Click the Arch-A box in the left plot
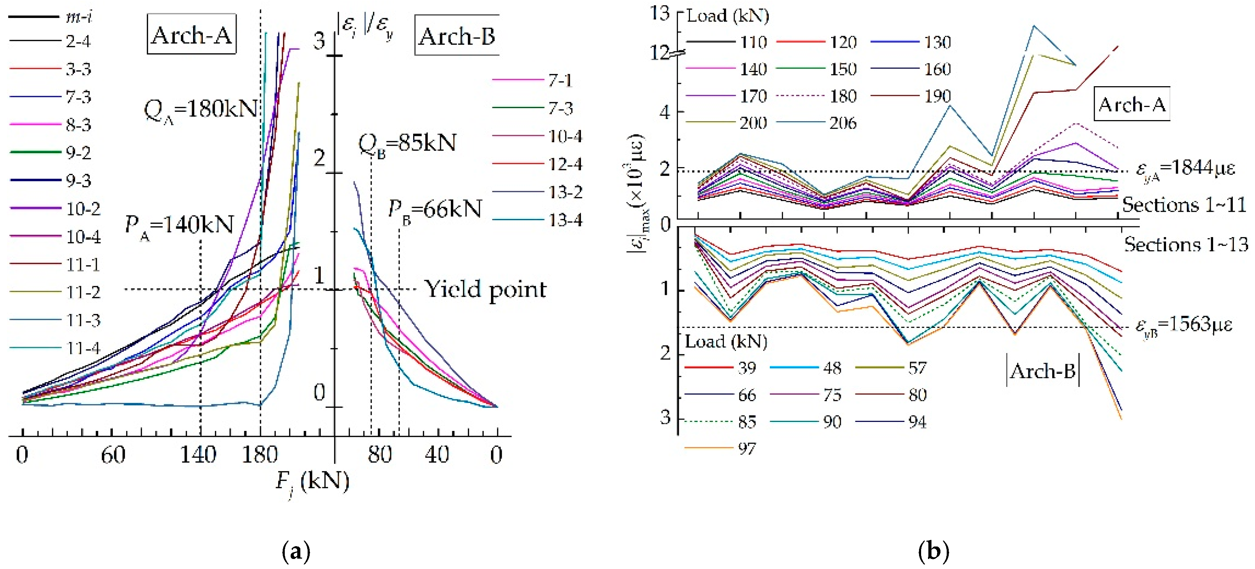coord(191,34)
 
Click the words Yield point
coord(485,289)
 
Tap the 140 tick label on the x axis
coord(198,455)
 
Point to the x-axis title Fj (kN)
coord(312,482)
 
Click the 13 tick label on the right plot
coord(660,13)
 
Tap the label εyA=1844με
coord(1185,169)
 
